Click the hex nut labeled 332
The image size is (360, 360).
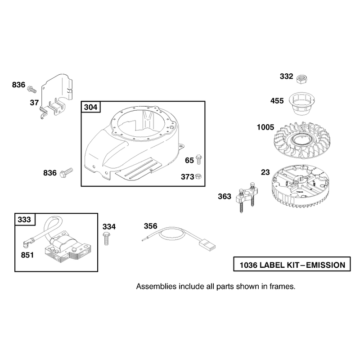pos(301,79)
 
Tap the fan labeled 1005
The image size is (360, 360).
pos(301,140)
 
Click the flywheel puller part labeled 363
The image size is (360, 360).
pos(246,197)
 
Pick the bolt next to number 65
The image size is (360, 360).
pos(198,159)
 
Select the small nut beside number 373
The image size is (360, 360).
pos(198,176)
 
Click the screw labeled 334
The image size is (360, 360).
pos(106,238)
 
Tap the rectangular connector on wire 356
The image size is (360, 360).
pos(208,245)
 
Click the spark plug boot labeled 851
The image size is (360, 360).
pos(26,243)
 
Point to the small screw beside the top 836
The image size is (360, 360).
pos(31,89)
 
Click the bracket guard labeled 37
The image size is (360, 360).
pos(57,96)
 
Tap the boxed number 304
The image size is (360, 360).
pos(91,107)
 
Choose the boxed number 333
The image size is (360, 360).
pos(24,220)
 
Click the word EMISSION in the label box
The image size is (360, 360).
pos(325,265)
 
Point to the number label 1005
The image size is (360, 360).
pos(265,127)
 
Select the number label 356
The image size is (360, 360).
pos(151,226)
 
